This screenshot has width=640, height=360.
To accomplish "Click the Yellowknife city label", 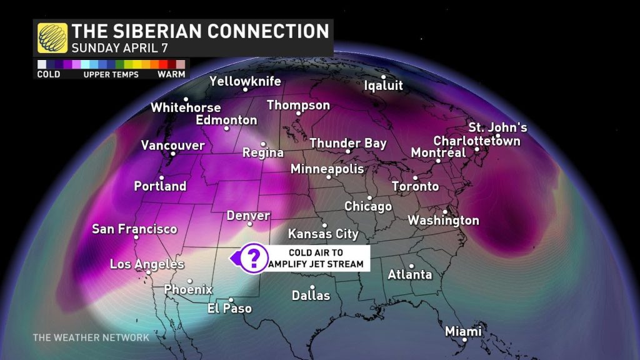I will coord(245,81).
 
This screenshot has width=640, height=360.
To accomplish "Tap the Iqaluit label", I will coord(383,86).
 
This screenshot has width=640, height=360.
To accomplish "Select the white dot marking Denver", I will coord(249,224).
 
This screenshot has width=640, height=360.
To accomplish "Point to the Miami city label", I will coord(463,331).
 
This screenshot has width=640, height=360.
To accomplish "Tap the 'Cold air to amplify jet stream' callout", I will coord(317,257).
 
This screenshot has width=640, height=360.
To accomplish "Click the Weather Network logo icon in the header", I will coord(52,37).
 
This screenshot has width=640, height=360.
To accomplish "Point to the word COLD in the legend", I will coord(48,74).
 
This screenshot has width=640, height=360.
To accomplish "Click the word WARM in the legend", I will coord(171,74).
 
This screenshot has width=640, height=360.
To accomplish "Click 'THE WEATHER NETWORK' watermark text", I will coord(91,337).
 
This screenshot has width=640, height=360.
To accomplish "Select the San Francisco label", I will coord(134,229).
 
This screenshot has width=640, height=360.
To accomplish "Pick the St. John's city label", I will coord(498,127).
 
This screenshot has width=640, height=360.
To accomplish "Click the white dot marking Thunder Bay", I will coord(349,151).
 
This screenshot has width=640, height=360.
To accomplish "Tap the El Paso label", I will coord(229,308).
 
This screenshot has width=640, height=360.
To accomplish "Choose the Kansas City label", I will coord(323,234).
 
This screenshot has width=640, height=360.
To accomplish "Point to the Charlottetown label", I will coord(476,141).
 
